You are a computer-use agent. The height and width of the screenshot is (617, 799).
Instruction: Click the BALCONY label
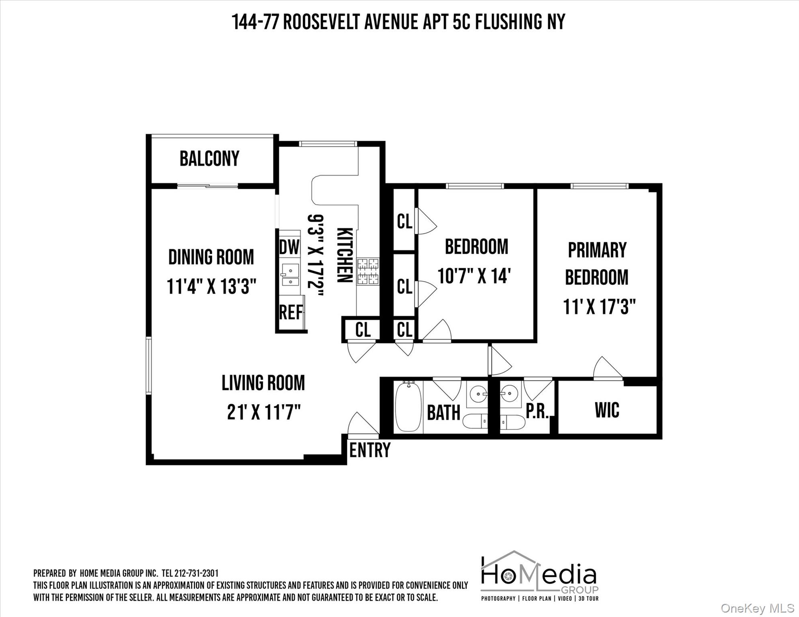point(209,159)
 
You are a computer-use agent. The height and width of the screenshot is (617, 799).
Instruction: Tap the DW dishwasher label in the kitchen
point(289,247)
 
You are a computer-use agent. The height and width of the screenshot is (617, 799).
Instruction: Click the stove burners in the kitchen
point(368,271)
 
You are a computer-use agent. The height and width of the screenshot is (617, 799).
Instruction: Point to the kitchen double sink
point(290,274)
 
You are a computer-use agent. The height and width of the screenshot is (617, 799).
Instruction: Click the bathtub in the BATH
point(408,407)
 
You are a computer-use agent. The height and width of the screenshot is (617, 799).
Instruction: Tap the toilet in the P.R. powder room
point(512,422)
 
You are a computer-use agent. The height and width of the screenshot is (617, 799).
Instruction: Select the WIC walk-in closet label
point(607,410)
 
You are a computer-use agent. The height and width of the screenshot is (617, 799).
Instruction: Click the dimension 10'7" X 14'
point(474,276)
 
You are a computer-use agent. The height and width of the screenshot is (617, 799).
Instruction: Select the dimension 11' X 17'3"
point(599,307)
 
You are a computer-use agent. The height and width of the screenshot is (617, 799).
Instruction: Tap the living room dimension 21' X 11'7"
point(264,412)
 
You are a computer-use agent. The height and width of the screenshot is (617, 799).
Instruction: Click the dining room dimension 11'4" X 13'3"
point(211,286)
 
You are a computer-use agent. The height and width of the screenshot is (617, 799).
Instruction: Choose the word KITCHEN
point(344,255)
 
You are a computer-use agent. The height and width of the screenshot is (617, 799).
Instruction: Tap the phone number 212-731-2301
point(197,573)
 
